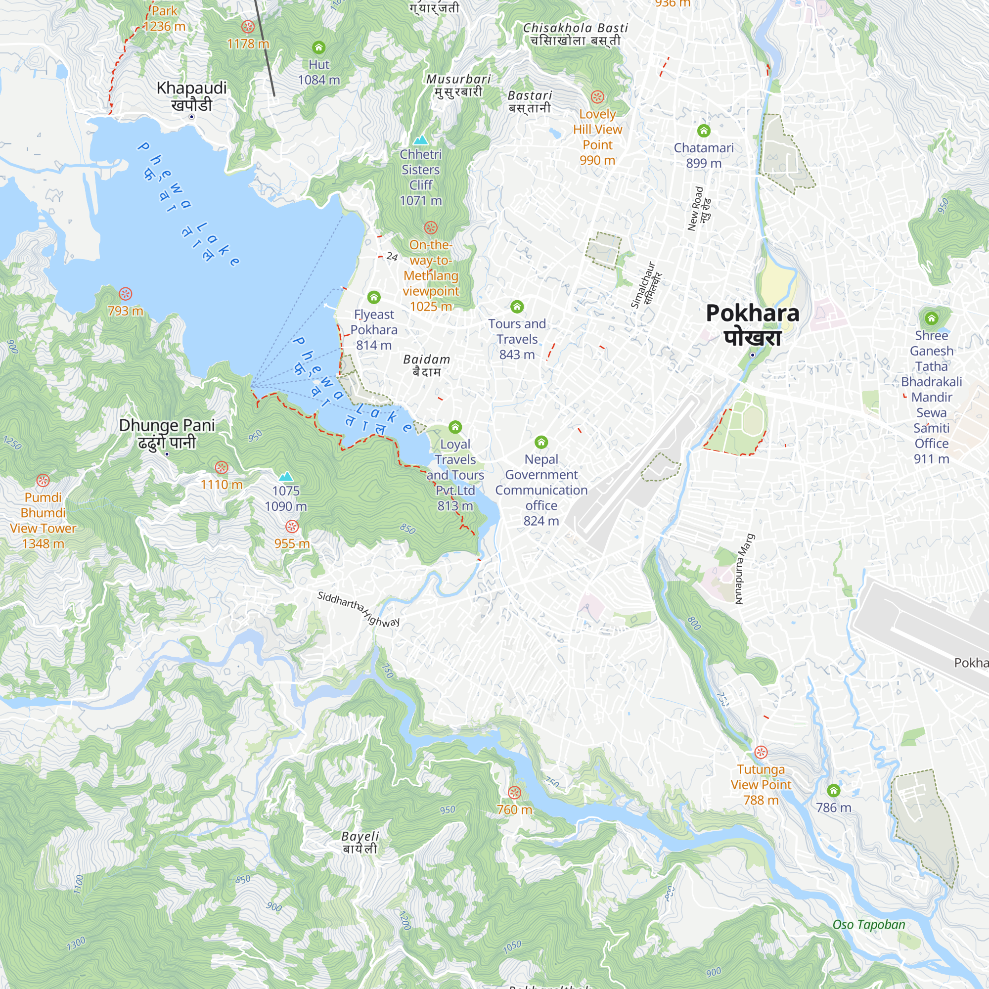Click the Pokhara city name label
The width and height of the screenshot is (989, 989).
(x=752, y=324)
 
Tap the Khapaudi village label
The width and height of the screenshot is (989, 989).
(x=191, y=96)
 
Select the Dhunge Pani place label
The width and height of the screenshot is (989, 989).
(x=167, y=433)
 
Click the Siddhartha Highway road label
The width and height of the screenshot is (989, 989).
(x=359, y=608)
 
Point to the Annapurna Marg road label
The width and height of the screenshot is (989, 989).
(x=745, y=569)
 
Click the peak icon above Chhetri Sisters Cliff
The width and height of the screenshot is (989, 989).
(x=420, y=140)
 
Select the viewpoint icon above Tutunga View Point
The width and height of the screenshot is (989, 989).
(x=761, y=752)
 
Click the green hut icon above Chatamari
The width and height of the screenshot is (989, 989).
(x=704, y=131)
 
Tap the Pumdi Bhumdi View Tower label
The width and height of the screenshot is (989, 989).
(x=43, y=520)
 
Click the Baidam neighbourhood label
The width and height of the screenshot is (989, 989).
(x=426, y=365)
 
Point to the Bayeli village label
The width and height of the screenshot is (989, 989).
(x=360, y=842)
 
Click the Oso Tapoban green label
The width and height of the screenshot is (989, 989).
(x=869, y=925)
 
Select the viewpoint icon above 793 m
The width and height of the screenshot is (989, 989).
(x=126, y=294)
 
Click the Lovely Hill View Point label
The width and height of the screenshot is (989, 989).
(x=597, y=136)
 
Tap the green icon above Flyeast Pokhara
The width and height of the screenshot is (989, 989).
(x=374, y=297)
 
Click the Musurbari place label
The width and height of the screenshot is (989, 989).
(x=458, y=85)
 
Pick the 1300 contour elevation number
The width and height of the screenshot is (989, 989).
(x=76, y=944)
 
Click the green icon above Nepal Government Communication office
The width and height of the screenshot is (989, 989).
(x=541, y=442)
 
